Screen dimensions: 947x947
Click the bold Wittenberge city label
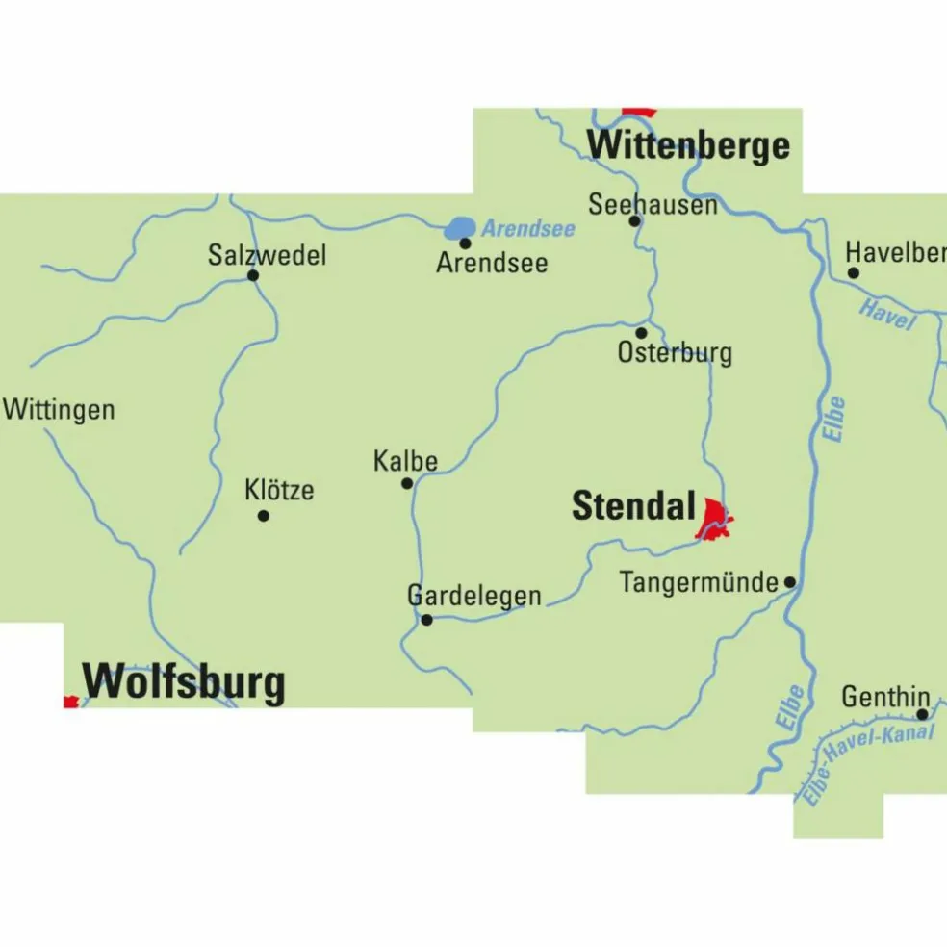[688, 146]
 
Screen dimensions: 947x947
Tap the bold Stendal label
[633, 506]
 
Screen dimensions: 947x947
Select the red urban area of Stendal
[714, 521]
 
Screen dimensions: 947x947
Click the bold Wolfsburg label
[184, 682]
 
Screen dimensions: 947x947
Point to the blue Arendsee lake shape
[460, 228]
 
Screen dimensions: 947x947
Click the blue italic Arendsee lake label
[528, 229]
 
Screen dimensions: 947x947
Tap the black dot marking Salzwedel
[253, 275]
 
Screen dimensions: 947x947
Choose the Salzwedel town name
[267, 255]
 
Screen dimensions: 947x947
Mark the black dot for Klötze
[263, 516]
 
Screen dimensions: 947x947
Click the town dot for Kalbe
[407, 483]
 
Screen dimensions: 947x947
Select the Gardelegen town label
[474, 596]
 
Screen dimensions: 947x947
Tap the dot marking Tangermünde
[789, 582]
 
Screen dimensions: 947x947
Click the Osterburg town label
[674, 353]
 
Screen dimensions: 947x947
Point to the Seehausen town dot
[634, 220]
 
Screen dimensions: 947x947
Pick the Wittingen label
[59, 410]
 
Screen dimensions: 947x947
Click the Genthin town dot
[921, 714]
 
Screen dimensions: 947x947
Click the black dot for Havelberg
[853, 273]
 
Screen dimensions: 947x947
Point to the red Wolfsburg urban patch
[70, 702]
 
